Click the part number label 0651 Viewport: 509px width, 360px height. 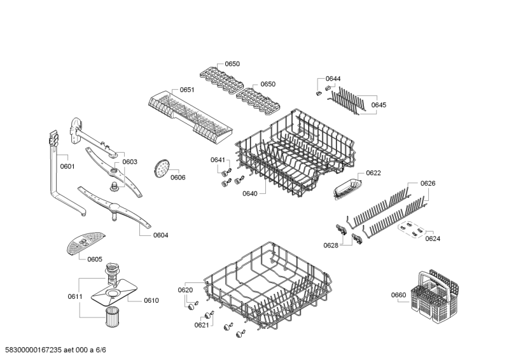click(x=186, y=90)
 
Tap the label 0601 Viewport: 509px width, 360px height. click(x=67, y=167)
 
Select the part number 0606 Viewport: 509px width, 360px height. click(x=178, y=177)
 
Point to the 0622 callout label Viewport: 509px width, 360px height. click(x=373, y=173)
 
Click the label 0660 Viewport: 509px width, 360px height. click(x=398, y=294)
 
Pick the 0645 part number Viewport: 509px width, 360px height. click(x=379, y=105)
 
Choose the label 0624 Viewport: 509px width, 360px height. click(x=433, y=239)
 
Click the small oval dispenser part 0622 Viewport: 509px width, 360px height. click(x=345, y=186)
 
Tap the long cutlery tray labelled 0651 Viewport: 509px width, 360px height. click(x=185, y=113)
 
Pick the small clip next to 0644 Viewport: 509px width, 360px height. click(x=317, y=92)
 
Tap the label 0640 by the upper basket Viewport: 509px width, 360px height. click(x=249, y=193)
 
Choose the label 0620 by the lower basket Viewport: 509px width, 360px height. click(x=185, y=290)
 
